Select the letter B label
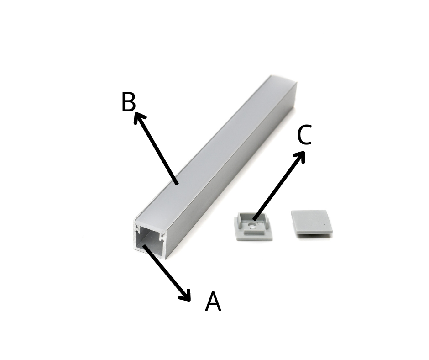tap(128, 102)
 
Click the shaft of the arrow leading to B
tap(157, 149)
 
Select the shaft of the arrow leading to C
tap(278, 186)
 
